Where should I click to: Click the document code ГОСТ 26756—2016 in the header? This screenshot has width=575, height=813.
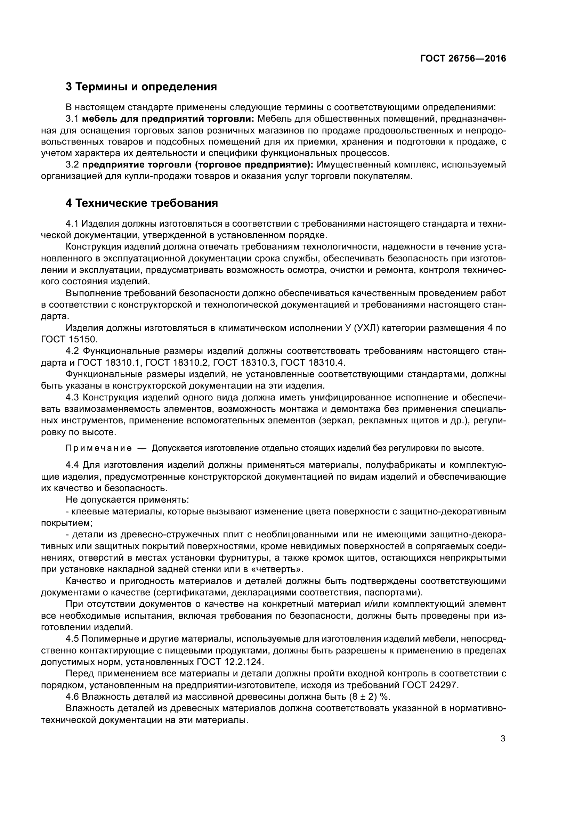(463, 59)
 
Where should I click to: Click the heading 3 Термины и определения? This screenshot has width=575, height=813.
(141, 87)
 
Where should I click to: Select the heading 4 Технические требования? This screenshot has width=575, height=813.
(141, 203)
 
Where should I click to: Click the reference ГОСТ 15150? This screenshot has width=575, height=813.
(69, 339)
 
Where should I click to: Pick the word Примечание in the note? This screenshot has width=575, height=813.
(99, 448)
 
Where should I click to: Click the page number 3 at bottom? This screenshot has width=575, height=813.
(503, 739)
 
